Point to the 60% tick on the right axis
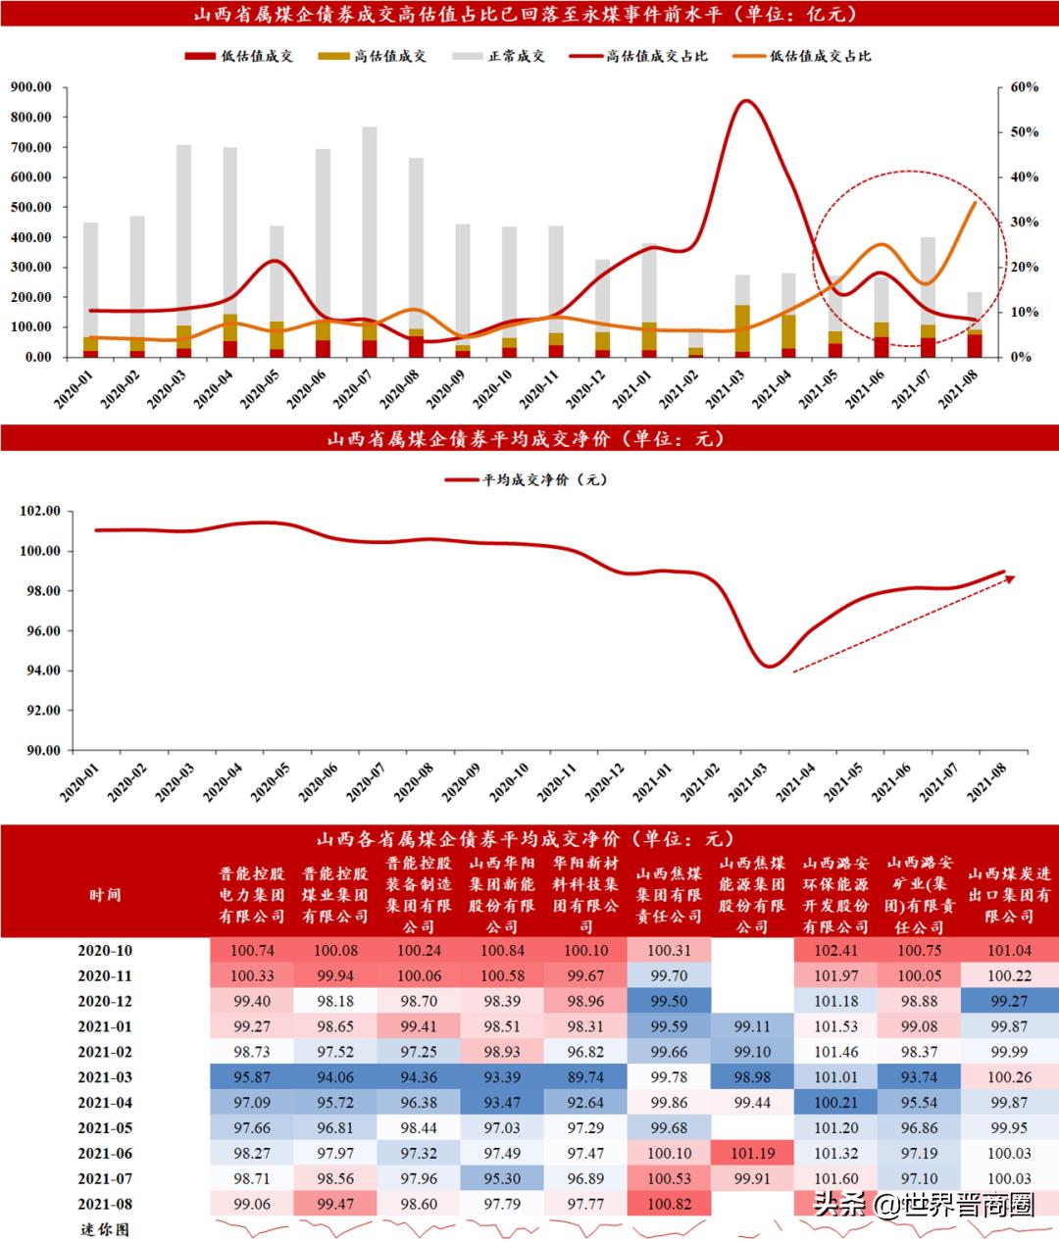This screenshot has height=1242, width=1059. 1025,87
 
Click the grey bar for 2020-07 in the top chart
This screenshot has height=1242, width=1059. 370,225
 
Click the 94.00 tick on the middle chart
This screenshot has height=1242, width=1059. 40,671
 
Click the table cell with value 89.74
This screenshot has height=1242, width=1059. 585,1077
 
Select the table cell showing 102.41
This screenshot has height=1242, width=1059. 835,951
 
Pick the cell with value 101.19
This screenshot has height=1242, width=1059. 752,1154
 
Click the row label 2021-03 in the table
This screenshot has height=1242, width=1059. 105,1077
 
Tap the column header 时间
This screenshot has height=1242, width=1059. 105,895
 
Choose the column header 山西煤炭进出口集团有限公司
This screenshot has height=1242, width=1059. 1009,895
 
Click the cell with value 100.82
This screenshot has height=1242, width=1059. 669,1204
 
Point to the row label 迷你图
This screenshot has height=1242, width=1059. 105,1229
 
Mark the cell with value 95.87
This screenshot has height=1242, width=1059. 251,1077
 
